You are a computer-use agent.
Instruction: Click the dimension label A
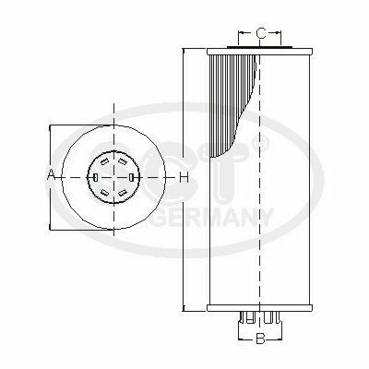pos(51,176)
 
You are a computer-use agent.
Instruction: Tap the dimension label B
pos(260,339)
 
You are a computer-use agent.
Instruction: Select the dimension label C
pos(261,33)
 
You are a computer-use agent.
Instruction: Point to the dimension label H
pos(184,177)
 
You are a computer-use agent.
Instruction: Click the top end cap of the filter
pos(260,52)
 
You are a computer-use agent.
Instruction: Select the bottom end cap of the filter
pos(260,308)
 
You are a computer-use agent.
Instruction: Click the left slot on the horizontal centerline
pos(96,177)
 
